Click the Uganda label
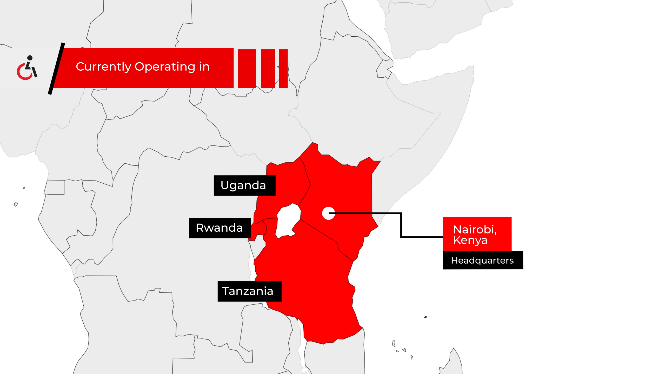click(x=244, y=185)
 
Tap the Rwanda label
click(x=220, y=228)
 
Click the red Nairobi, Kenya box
click(x=477, y=234)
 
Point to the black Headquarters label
click(x=483, y=260)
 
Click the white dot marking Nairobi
click(x=328, y=213)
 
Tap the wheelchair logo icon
click(x=27, y=68)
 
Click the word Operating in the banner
click(x=165, y=67)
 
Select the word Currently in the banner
click(x=103, y=67)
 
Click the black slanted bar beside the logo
click(x=56, y=69)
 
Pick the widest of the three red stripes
click(x=247, y=69)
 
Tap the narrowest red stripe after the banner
click(x=283, y=69)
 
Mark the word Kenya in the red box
click(x=470, y=240)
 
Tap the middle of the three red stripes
click(x=268, y=69)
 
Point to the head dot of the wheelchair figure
click(x=30, y=58)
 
